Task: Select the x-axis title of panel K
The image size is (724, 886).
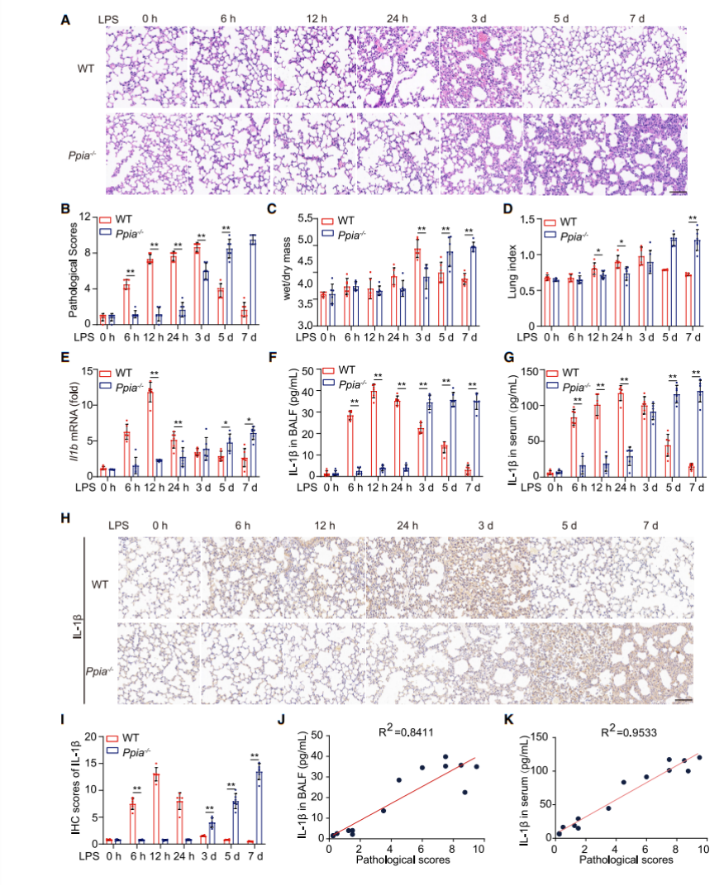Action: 626,860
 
